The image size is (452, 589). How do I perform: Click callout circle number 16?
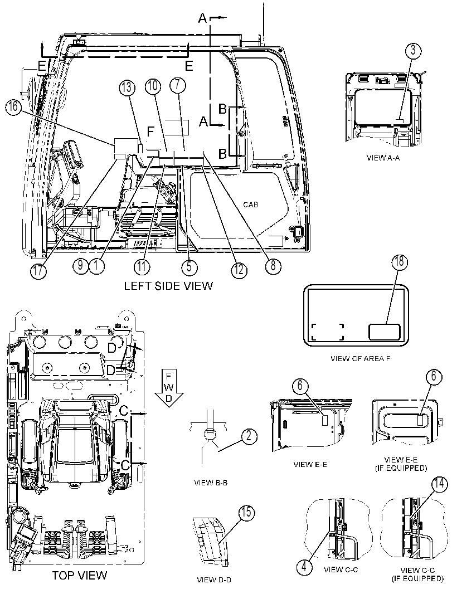tap(13, 106)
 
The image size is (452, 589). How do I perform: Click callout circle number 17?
tap(39, 270)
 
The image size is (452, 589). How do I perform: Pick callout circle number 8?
tap(273, 266)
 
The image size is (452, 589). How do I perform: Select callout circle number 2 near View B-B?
tap(250, 436)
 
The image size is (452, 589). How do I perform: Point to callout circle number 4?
tap(304, 567)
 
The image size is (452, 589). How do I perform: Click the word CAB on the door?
tap(251, 205)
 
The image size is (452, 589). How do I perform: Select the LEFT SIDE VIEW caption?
tap(168, 285)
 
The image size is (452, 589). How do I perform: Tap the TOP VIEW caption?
tap(79, 575)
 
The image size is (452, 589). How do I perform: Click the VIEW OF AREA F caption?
tap(361, 358)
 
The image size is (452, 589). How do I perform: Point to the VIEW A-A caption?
tap(383, 158)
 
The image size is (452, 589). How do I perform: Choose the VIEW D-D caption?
tap(214, 580)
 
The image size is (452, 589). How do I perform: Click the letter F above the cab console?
tap(150, 132)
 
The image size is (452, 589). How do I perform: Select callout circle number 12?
tap(239, 270)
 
